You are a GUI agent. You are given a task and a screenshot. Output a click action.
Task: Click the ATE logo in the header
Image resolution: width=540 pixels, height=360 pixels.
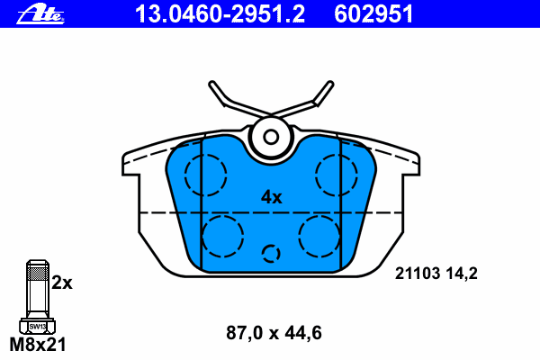click(x=40, y=14)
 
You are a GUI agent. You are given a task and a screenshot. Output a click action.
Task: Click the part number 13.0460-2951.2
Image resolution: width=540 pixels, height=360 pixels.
click(x=220, y=14)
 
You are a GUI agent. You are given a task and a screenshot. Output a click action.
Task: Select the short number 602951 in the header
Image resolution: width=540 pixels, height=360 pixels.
click(x=373, y=14)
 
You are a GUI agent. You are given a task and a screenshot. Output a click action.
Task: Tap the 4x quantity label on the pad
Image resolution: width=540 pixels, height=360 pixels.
click(x=272, y=197)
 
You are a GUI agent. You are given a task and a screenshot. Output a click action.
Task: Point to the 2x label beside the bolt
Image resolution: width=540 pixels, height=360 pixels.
click(x=62, y=283)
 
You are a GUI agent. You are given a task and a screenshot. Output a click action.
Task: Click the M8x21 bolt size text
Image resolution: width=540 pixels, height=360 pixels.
click(x=38, y=345)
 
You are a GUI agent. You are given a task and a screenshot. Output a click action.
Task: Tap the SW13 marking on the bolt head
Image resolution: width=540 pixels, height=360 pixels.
click(x=37, y=326)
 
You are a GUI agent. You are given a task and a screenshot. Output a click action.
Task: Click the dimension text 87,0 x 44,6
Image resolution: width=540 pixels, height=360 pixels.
click(x=274, y=333)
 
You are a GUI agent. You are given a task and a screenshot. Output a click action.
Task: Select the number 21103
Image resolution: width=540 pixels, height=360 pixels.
click(x=418, y=274)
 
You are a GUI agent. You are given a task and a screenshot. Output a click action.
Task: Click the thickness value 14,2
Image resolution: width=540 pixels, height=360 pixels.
click(x=462, y=274)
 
